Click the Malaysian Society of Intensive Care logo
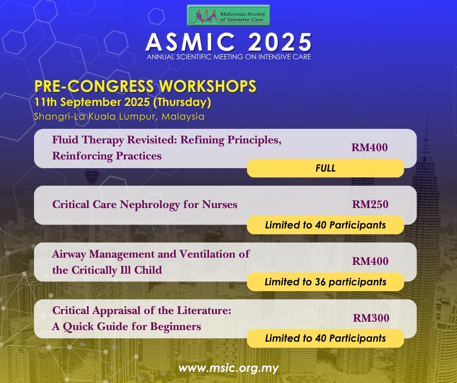228,16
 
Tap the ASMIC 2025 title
229,42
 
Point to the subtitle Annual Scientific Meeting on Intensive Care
229,57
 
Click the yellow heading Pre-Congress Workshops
145,87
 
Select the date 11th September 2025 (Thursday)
123,102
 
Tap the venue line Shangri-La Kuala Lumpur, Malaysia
119,117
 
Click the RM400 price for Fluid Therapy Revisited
369,147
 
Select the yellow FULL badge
325,168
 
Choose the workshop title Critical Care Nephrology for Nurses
145,205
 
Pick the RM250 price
370,204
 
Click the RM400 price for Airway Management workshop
370,261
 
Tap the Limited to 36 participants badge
325,282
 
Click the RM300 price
371,318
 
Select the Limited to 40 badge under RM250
325,225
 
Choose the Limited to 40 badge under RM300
325,338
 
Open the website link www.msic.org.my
228,368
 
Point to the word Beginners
176,327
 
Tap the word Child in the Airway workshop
148,270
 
